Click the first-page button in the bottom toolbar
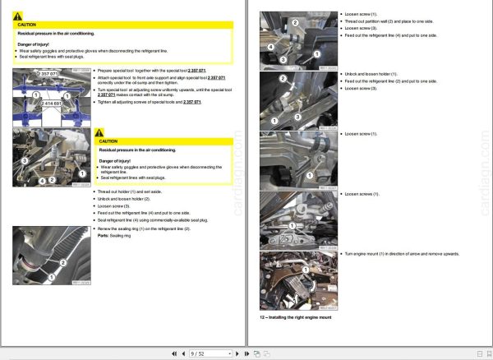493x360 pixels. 173,353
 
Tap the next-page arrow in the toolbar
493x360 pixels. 237,353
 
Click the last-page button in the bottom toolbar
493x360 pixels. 246,353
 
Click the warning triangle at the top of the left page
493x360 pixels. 21,16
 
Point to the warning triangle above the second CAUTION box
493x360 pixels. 100,132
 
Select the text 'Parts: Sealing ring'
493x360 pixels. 115,235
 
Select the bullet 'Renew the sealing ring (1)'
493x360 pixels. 144,228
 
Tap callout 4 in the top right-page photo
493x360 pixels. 269,47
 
